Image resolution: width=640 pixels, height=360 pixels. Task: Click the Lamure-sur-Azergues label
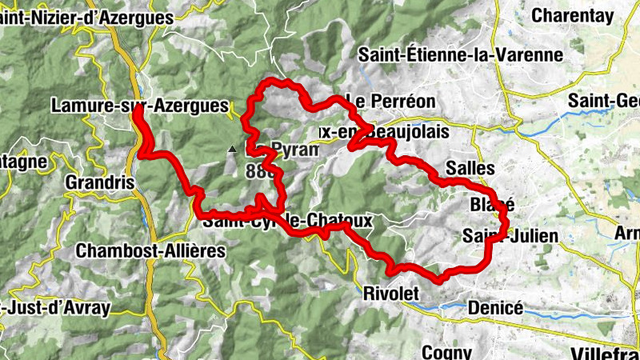click(139, 106)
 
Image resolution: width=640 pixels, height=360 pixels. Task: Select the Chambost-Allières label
click(150, 250)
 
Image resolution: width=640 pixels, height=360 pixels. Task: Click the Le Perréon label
click(390, 101)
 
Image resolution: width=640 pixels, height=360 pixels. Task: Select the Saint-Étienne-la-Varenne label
click(461, 55)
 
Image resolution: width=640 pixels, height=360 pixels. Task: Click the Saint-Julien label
click(510, 236)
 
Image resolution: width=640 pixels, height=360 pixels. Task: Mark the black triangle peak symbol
click(232, 149)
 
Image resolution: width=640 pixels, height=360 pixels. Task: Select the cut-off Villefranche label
click(606, 353)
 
